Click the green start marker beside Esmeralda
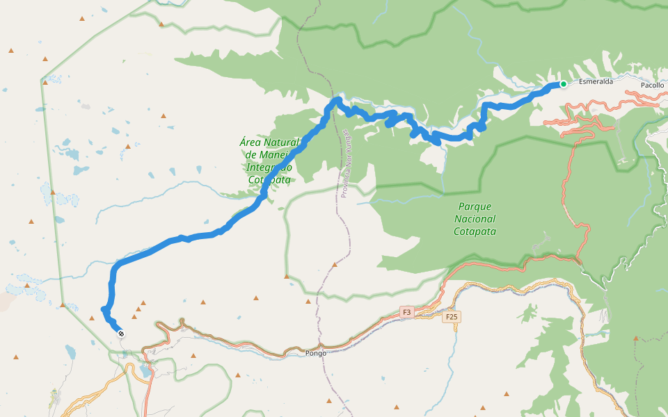point(563,84)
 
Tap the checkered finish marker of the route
point(121,334)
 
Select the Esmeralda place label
point(596,81)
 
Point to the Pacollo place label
point(653,84)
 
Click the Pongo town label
point(316,353)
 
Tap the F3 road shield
point(407,313)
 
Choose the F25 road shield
point(452,317)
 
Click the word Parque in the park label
point(475,206)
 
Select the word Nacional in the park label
point(475,219)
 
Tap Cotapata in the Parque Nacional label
point(475,231)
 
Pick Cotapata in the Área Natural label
point(269,179)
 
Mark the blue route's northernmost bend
point(337,101)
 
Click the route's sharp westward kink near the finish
point(104,309)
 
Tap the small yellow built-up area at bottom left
point(56,398)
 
